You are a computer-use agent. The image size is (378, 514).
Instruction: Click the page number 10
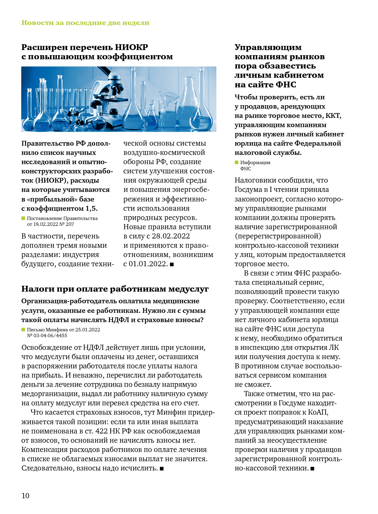[25, 495]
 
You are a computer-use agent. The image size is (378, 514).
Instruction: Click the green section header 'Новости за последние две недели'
[85, 23]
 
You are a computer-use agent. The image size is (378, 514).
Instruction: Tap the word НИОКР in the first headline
[131, 47]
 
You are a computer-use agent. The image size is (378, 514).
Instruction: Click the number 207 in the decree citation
[70, 224]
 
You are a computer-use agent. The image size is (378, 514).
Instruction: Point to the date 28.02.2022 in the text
[171, 236]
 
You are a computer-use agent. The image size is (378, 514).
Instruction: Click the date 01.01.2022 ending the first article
[148, 264]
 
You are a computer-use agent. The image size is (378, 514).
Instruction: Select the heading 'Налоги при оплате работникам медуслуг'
[115, 289]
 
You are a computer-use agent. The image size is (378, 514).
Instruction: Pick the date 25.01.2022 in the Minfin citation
[88, 330]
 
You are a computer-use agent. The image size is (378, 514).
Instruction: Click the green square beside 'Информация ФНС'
[236, 162]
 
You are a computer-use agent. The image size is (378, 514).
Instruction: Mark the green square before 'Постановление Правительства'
[23, 218]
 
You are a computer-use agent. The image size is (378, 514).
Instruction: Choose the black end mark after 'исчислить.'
[162, 468]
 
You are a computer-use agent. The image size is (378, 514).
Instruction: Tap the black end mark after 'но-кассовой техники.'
[312, 468]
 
